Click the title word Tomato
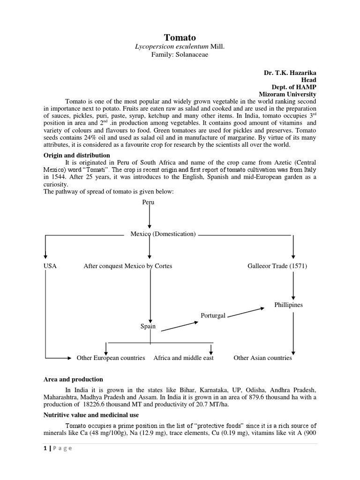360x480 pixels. [x=180, y=37]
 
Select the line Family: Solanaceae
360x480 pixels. [x=180, y=55]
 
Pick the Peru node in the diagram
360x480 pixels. [x=148, y=202]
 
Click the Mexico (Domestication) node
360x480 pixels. [x=163, y=234]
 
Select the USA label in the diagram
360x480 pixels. [x=50, y=266]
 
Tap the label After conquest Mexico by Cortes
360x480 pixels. [x=127, y=266]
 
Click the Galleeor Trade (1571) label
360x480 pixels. [x=277, y=266]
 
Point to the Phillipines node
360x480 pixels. [x=288, y=305]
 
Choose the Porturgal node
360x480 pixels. [x=213, y=315]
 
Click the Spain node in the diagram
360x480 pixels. [x=148, y=326]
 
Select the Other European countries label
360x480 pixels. [x=111, y=358]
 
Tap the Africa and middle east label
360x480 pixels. [x=183, y=358]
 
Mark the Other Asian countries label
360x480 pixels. [x=262, y=358]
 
